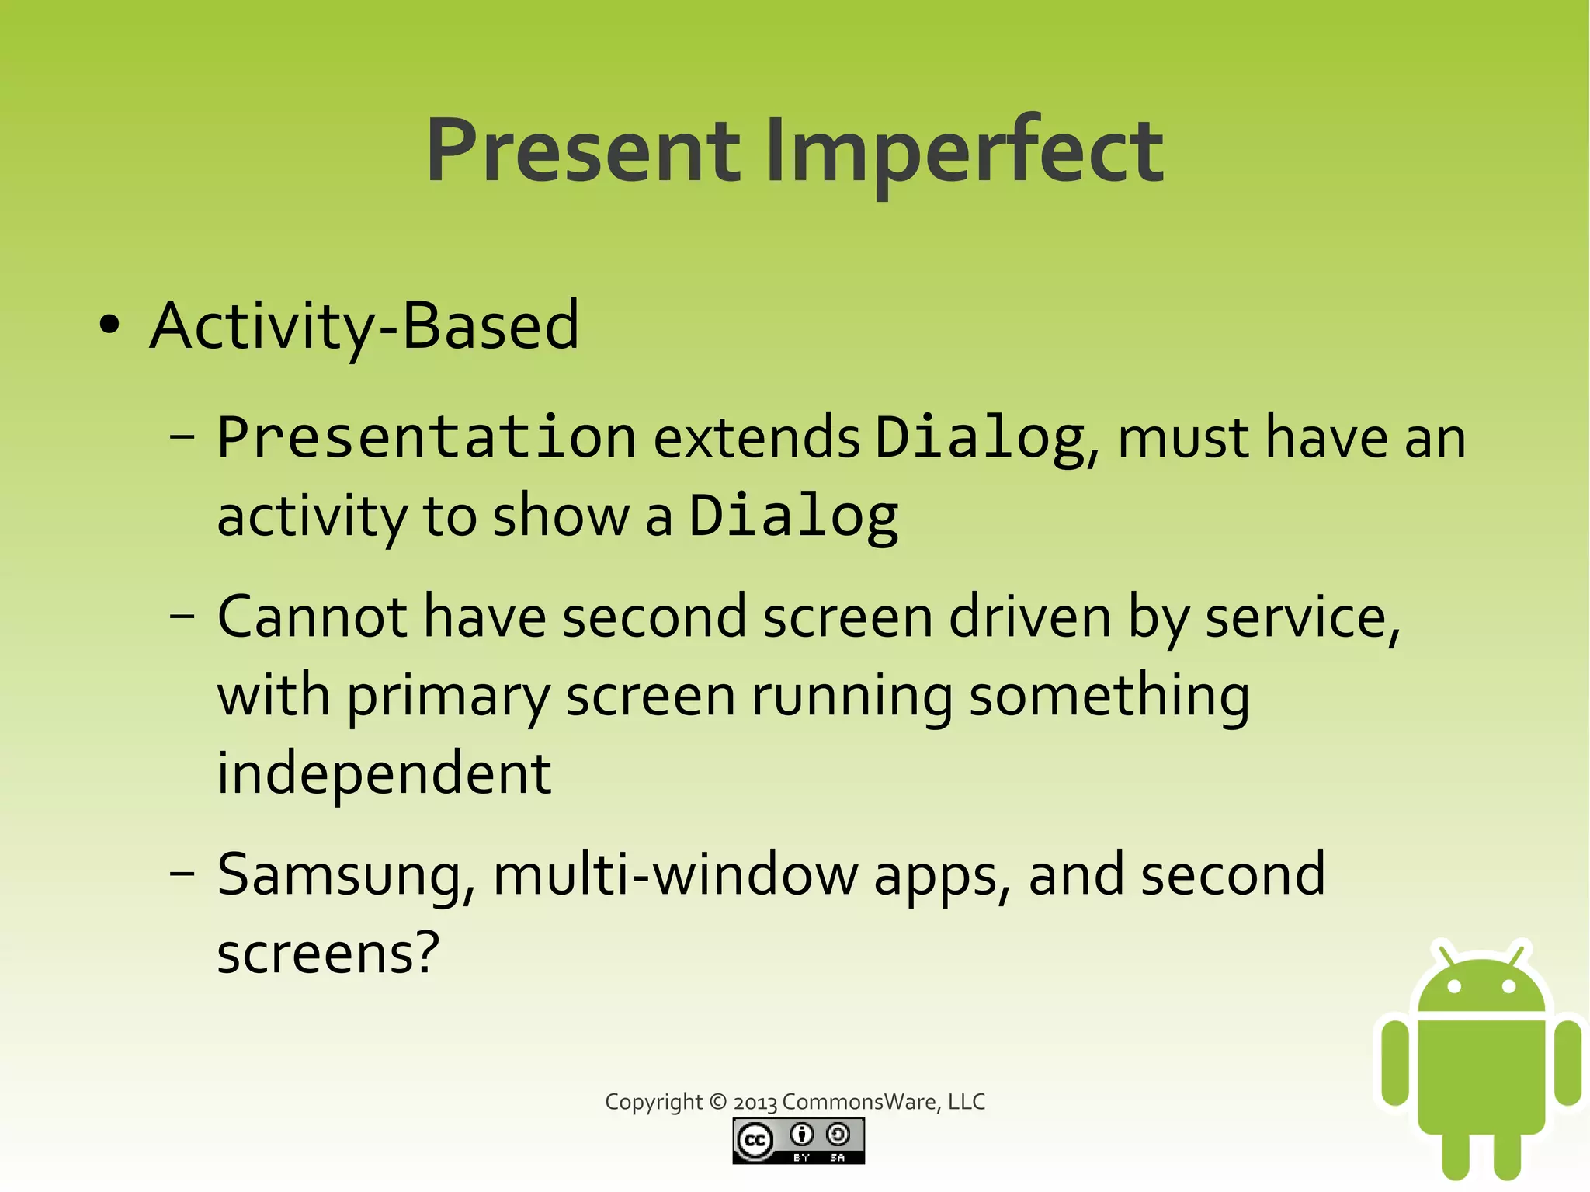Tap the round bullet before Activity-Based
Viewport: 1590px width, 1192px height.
[110, 325]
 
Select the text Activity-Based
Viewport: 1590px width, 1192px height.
[364, 325]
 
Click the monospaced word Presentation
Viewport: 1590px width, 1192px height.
[426, 437]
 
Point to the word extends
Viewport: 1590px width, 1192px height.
[757, 437]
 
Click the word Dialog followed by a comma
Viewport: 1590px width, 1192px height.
[980, 437]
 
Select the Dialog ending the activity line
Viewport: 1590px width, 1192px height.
[794, 516]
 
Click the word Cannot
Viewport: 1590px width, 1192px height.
[312, 617]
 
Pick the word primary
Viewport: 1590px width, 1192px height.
[448, 697]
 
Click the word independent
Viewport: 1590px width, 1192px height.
[384, 773]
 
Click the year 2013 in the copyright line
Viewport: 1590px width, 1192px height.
[755, 1103]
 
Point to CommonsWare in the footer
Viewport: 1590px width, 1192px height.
[859, 1102]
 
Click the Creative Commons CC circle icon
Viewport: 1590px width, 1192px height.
[755, 1141]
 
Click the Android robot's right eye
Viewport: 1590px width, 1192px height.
[1509, 987]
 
